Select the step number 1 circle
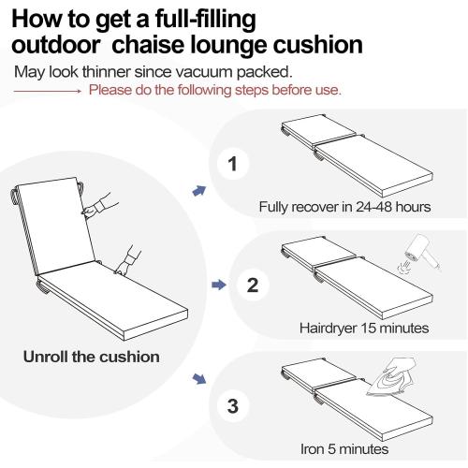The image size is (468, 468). pos(233,164)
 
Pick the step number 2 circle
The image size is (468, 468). pos(252,285)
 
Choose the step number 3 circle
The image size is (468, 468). pos(233,406)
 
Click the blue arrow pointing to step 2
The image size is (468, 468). pos(219,285)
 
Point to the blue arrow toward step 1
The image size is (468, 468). pos(199,190)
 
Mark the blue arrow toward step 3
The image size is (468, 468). pos(199,379)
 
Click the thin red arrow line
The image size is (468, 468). pos(48,91)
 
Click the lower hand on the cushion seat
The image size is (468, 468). pos(128,261)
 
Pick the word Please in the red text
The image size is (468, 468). pos(110,90)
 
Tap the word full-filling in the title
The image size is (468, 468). pos(206,20)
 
